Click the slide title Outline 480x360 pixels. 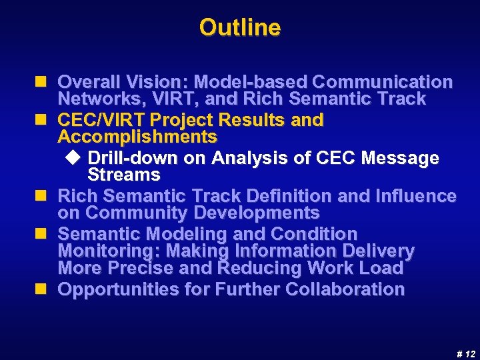pyautogui.click(x=240, y=27)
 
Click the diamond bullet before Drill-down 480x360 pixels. pyautogui.click(x=74, y=158)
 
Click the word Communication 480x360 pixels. pyautogui.click(x=382, y=82)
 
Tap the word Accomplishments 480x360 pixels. pyautogui.click(x=137, y=137)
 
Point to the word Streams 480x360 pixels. pyautogui.click(x=124, y=175)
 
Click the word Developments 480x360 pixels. pyautogui.click(x=256, y=213)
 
